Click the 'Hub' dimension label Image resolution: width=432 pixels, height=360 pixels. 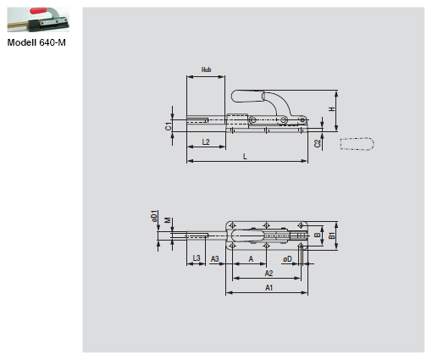205,69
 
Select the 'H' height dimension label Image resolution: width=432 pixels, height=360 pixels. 331,108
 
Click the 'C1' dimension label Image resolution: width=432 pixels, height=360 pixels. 169,125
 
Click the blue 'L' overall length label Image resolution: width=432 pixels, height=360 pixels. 245,156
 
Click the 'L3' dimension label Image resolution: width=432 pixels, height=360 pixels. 196,257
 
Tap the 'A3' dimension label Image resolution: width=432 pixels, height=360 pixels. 215,257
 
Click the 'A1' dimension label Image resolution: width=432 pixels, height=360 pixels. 268,288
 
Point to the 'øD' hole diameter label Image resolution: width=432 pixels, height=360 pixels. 288,258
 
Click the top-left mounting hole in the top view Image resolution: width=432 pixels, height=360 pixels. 234,224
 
